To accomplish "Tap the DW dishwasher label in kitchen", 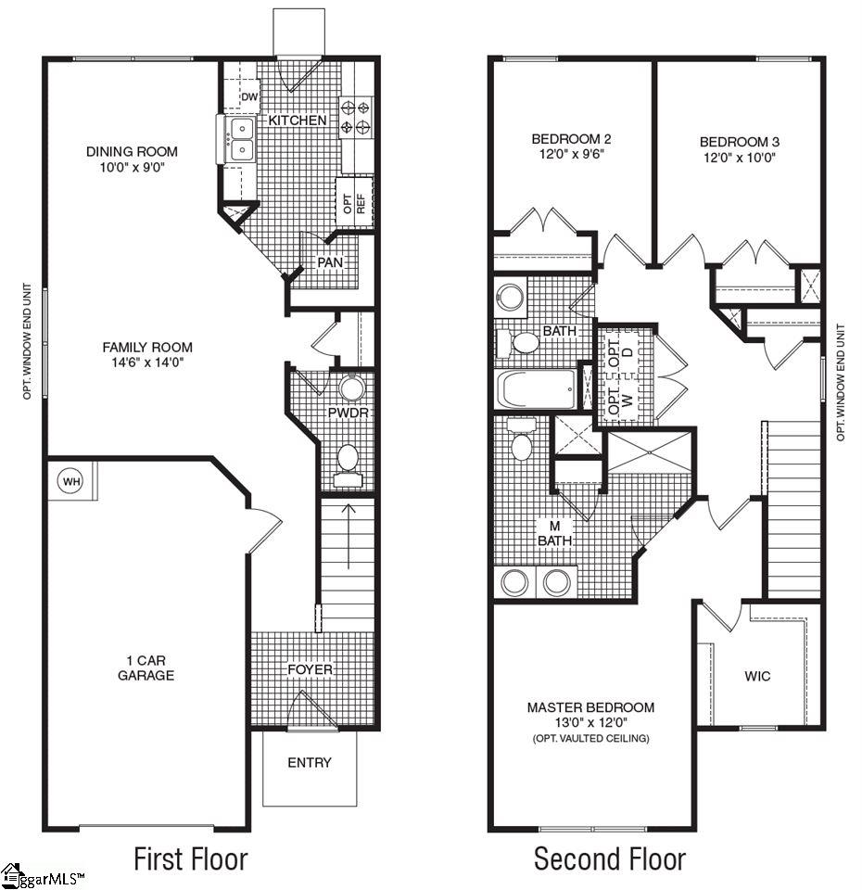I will [248, 97].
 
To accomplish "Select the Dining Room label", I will [132, 151].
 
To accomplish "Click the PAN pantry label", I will [329, 262].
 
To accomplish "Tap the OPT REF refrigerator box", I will [356, 202].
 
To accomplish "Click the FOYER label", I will [310, 669].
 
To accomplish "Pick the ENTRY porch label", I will [309, 763].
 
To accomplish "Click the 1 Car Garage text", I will [146, 668].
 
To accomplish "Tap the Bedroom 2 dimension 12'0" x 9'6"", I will [571, 156].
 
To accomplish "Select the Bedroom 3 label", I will [739, 142].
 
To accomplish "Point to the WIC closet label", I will [757, 676].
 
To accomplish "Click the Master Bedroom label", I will [590, 706].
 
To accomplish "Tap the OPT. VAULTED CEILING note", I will [590, 738].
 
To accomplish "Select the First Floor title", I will [191, 858].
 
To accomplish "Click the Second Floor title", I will [609, 858].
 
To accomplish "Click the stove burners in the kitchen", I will [356, 117].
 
